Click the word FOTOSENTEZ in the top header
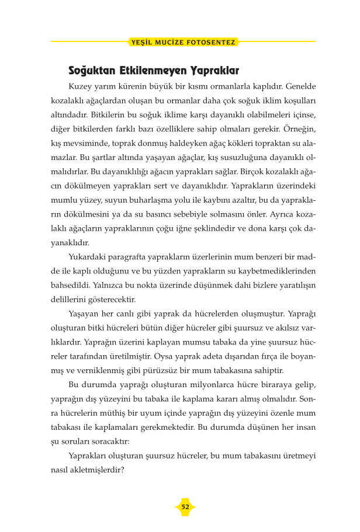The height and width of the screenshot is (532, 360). point(212,43)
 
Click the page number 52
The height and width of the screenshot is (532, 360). point(185,507)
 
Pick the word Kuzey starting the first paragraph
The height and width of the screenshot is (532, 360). point(81,86)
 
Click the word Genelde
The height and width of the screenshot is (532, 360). point(299,86)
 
